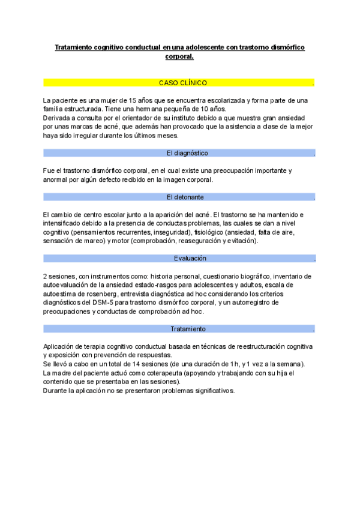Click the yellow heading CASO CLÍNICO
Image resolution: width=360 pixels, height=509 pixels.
[x=183, y=82]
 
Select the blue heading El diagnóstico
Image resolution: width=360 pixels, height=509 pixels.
[x=187, y=153]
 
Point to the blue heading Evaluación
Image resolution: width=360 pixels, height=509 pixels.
[x=190, y=258]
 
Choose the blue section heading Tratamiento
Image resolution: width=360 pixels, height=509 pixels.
[x=188, y=329]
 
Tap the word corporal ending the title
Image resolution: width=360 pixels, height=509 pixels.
[x=179, y=56]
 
